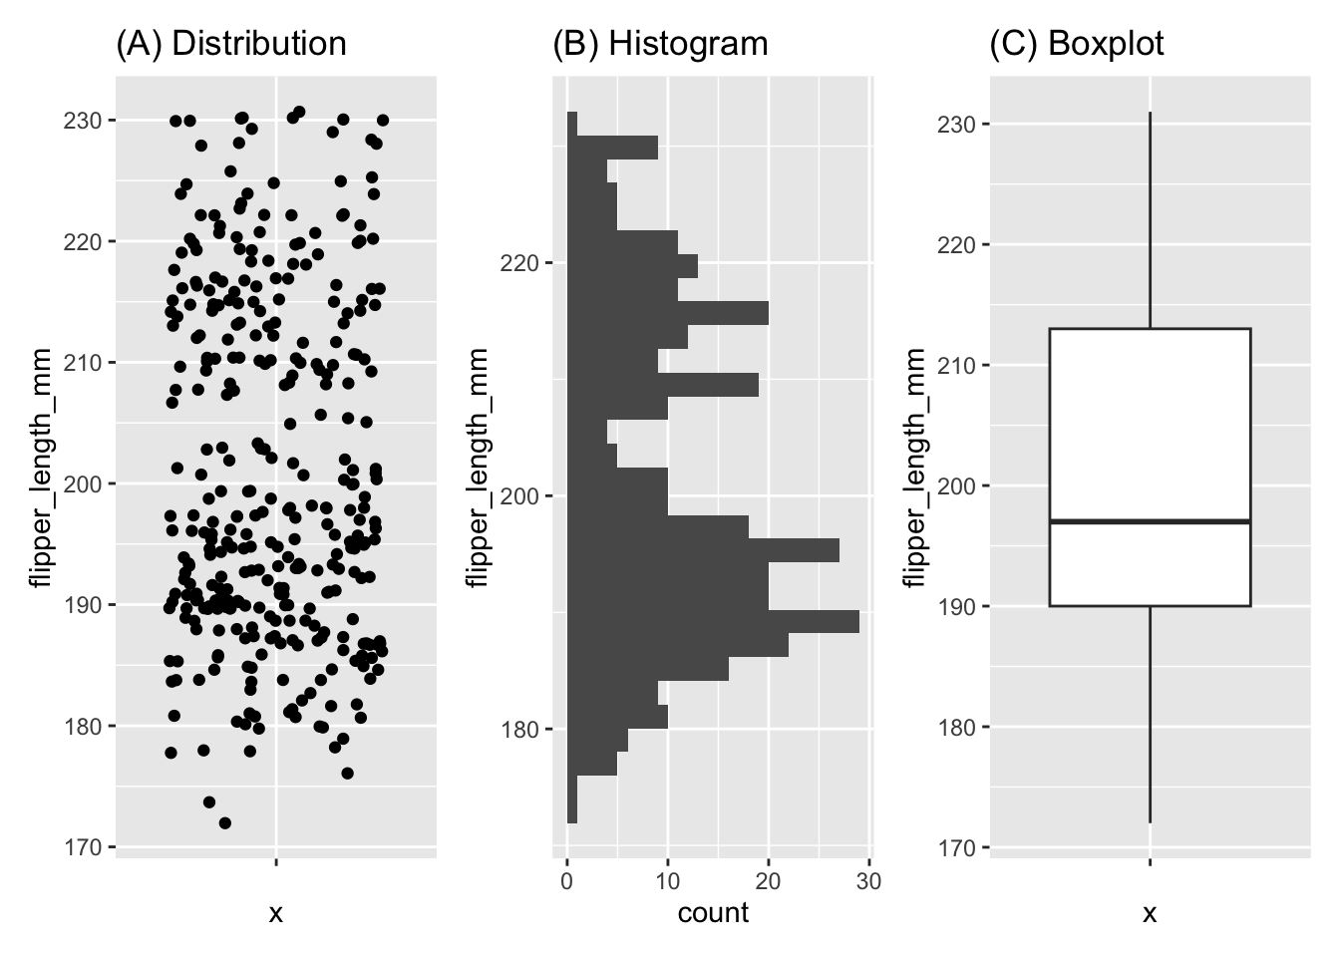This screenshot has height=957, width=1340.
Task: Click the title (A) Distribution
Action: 231,44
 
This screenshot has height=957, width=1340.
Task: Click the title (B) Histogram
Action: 660,44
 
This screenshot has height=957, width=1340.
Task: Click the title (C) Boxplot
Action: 1076,44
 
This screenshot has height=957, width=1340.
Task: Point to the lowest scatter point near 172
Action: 224,822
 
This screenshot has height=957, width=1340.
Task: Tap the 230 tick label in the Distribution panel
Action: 84,121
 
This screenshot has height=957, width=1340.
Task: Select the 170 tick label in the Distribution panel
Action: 84,847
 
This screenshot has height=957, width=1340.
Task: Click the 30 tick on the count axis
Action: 869,881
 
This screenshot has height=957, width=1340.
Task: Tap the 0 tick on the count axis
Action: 567,881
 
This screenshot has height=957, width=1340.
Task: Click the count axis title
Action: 713,912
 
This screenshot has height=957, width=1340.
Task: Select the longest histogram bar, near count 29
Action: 713,621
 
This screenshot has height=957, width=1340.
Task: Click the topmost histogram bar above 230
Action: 572,124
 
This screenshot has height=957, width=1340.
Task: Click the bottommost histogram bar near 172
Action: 572,811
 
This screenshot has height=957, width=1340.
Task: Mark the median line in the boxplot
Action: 1150,521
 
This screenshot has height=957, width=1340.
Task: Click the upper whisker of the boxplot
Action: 1151,219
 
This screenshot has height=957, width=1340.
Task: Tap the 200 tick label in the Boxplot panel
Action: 956,486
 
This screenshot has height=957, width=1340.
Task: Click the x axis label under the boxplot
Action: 1150,913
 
